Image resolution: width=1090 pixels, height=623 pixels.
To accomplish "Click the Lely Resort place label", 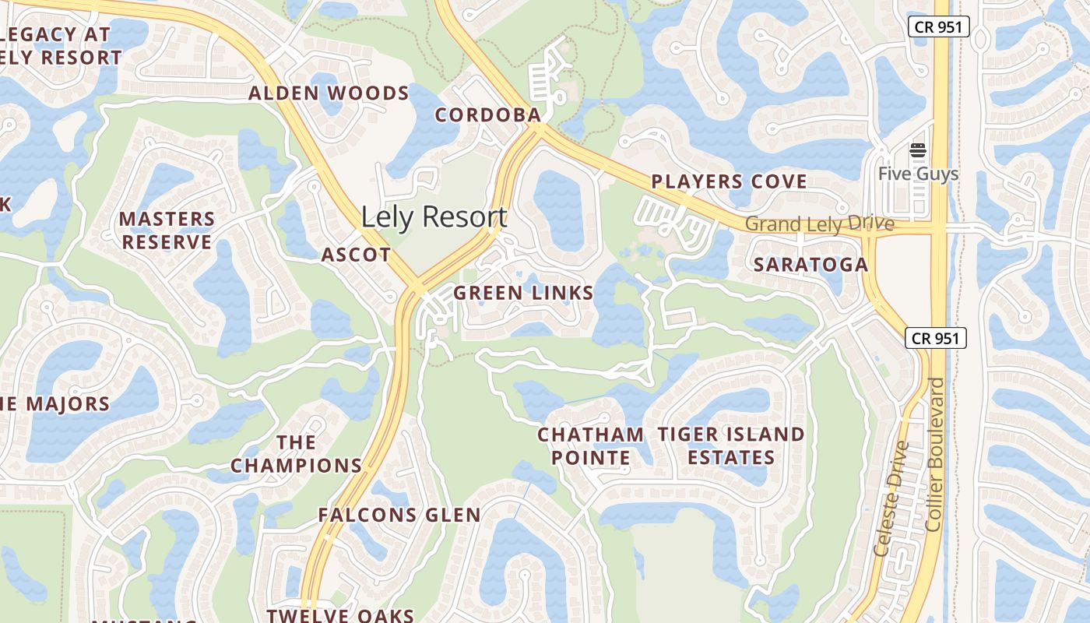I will tap(434, 216).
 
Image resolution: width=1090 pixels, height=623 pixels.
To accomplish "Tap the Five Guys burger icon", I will tap(918, 150).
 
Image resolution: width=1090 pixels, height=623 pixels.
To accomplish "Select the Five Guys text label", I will tap(918, 173).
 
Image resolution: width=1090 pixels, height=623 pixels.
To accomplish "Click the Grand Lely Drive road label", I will tap(819, 224).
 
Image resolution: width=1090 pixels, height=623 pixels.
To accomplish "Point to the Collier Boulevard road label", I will tap(936, 455).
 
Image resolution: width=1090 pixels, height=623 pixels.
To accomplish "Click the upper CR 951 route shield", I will tap(938, 26).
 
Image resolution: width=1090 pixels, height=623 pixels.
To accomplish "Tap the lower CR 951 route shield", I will tap(936, 338).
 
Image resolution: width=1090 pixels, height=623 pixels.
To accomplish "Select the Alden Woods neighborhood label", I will tap(329, 93).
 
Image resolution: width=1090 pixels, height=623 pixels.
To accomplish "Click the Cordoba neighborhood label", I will tap(487, 115).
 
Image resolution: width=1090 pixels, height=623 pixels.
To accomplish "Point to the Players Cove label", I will tap(729, 181).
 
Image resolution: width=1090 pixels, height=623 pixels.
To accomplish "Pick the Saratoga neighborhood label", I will tap(810, 265).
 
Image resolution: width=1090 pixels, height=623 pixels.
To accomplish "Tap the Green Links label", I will tap(523, 293).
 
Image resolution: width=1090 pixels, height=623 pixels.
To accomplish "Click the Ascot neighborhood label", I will tap(356, 255).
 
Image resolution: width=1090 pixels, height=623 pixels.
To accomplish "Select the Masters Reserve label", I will tap(167, 231).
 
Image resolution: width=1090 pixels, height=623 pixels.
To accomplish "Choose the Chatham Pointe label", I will tap(591, 445).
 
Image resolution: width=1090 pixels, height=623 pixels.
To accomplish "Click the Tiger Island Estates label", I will tap(731, 445).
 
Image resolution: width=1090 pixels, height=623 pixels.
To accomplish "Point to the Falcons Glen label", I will tap(399, 515).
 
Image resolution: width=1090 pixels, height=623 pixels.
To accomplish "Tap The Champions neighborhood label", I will tap(297, 454).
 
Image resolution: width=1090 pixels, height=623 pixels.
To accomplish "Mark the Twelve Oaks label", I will tap(340, 615).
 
